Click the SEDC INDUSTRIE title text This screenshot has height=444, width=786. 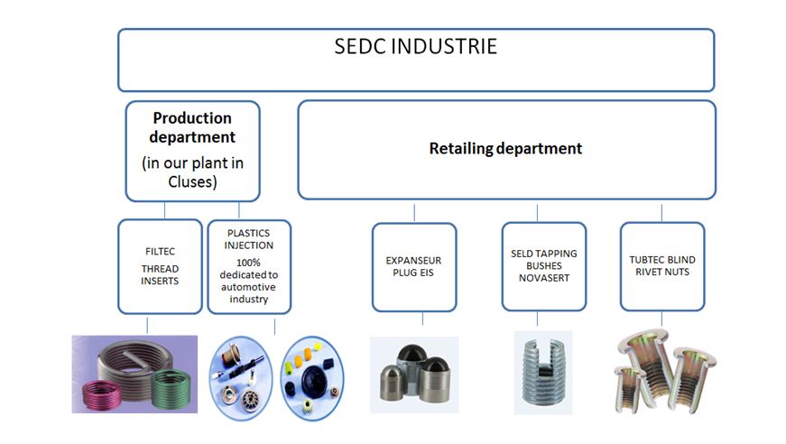[415, 47]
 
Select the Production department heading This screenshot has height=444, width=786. [192, 127]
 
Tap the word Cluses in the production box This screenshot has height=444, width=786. [191, 181]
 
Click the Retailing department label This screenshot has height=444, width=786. [505, 148]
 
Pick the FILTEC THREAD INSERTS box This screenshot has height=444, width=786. [160, 266]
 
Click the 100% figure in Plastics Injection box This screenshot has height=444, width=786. [248, 263]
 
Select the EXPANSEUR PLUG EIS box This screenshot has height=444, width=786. [414, 267]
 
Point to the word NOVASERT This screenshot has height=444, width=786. [544, 278]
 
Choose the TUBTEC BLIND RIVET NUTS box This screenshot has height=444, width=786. [662, 266]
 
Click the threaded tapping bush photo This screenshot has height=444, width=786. [543, 372]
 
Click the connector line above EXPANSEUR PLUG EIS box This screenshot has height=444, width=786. [414, 212]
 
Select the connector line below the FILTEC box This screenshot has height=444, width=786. [147, 325]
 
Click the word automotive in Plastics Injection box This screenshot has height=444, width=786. [248, 287]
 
